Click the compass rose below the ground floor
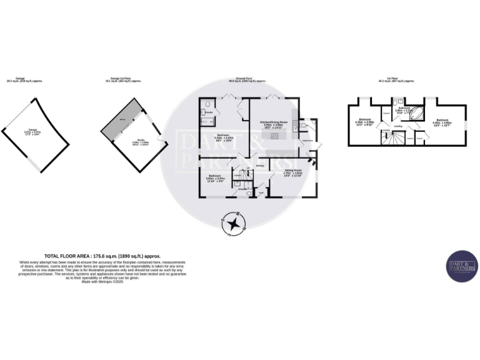234,224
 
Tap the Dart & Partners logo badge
462,266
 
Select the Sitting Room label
293,171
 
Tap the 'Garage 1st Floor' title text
124,79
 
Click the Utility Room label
307,141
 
